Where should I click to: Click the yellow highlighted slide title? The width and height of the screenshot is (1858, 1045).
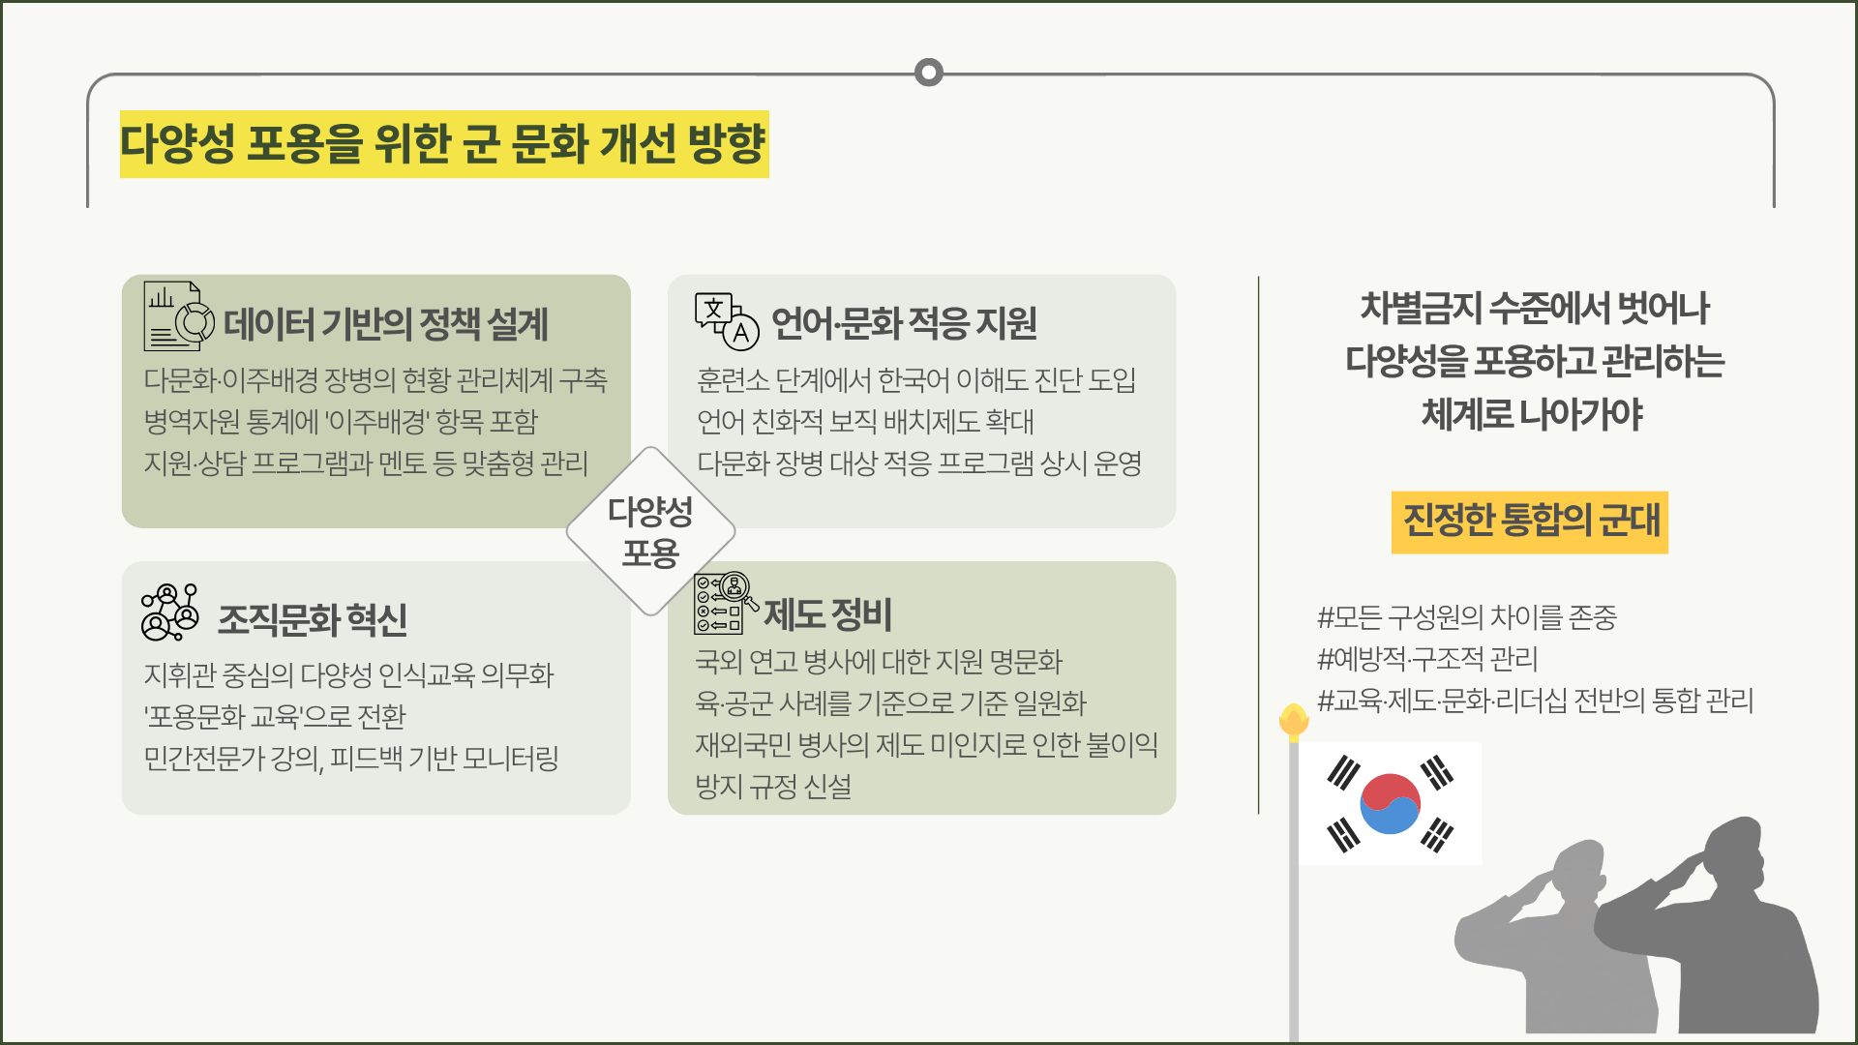(444, 144)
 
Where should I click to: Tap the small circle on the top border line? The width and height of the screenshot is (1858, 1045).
(928, 73)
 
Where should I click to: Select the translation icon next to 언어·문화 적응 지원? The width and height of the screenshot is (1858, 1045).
(727, 319)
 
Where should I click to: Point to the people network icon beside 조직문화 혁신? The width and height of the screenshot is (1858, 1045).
(170, 612)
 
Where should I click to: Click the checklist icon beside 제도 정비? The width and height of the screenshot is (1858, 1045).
(726, 604)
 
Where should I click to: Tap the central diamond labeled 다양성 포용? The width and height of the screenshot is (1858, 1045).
(650, 531)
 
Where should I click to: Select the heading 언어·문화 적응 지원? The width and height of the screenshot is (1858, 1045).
(904, 323)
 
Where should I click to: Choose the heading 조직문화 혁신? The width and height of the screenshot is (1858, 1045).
(313, 619)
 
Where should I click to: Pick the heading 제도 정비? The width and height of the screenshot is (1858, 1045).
(827, 614)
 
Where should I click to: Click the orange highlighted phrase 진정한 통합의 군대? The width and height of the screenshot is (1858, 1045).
(1530, 522)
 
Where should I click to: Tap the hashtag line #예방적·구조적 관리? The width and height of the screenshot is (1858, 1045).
(1427, 659)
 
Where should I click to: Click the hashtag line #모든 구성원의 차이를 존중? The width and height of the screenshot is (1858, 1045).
(1467, 617)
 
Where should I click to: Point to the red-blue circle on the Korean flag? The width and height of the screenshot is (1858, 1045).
(1390, 803)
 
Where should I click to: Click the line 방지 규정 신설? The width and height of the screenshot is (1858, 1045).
(773, 787)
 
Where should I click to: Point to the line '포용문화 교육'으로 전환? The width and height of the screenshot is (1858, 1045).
(275, 717)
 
